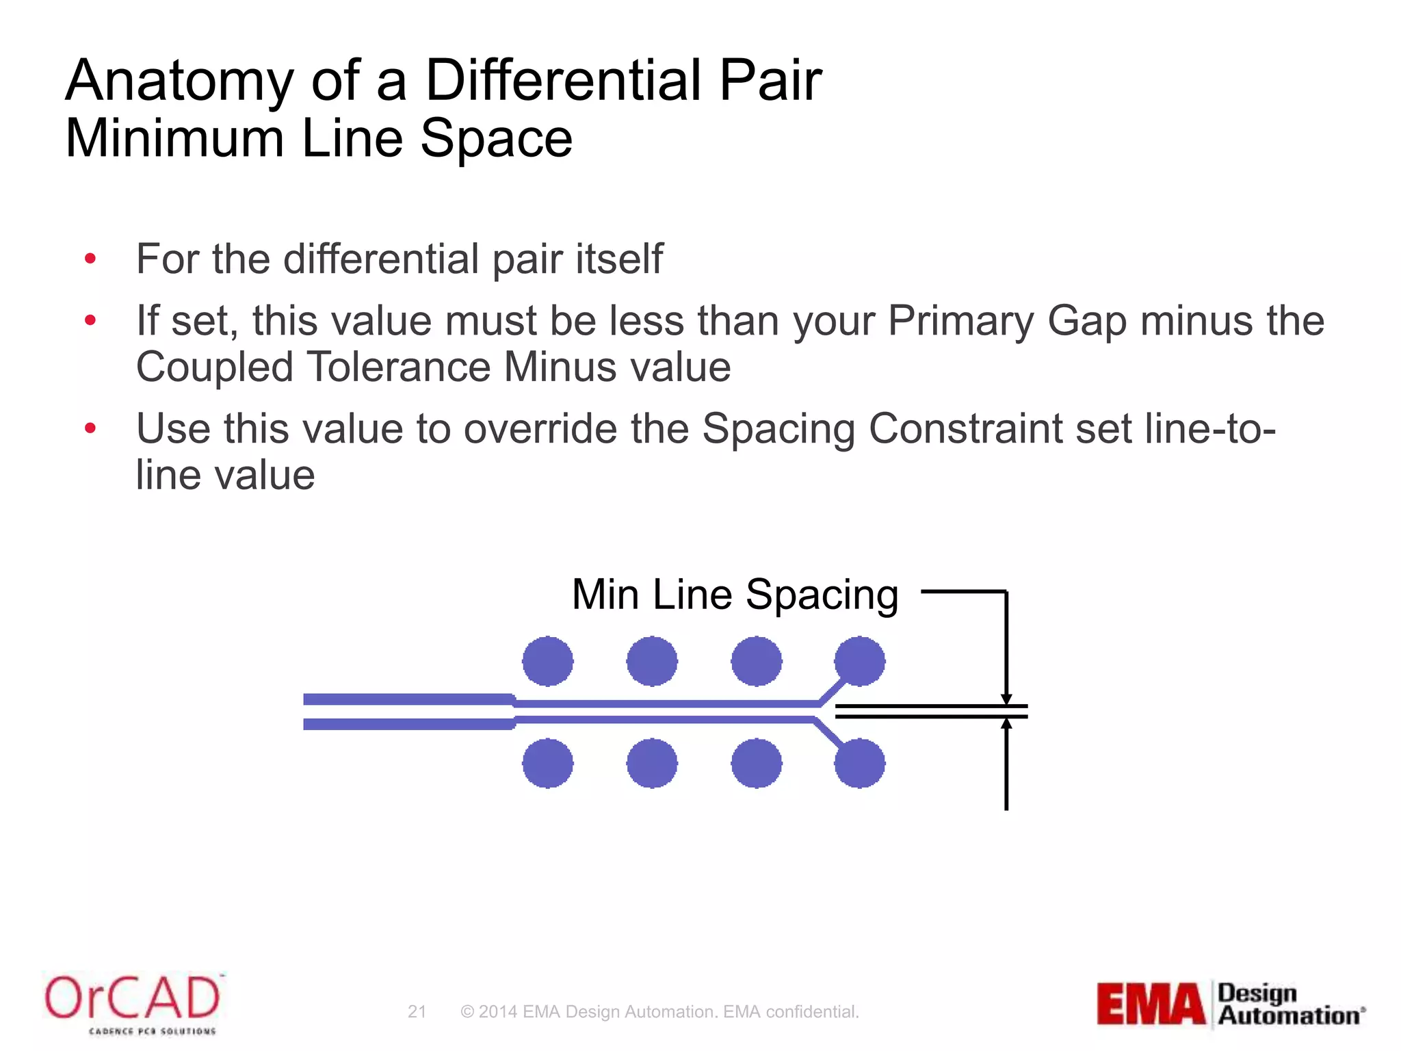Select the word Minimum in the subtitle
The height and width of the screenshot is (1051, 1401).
pos(174,139)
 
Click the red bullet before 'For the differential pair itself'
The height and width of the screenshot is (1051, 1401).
pos(90,259)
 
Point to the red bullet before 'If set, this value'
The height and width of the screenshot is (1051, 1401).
pos(90,320)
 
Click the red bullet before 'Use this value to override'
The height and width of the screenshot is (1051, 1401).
pos(90,428)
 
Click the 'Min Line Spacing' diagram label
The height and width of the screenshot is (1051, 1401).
pos(735,594)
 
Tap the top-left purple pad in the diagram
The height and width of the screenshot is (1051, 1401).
pos(547,661)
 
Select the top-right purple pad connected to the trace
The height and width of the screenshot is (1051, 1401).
pos(860,661)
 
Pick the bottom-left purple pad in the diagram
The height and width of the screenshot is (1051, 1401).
pos(547,763)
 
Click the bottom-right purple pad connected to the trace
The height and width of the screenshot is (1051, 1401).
pos(860,763)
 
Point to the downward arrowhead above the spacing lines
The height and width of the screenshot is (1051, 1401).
pos(1006,698)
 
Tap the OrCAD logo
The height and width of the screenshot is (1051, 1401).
pos(133,1003)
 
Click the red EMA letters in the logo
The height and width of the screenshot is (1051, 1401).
pos(1151,1004)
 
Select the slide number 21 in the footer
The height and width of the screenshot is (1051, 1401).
pos(417,1012)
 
